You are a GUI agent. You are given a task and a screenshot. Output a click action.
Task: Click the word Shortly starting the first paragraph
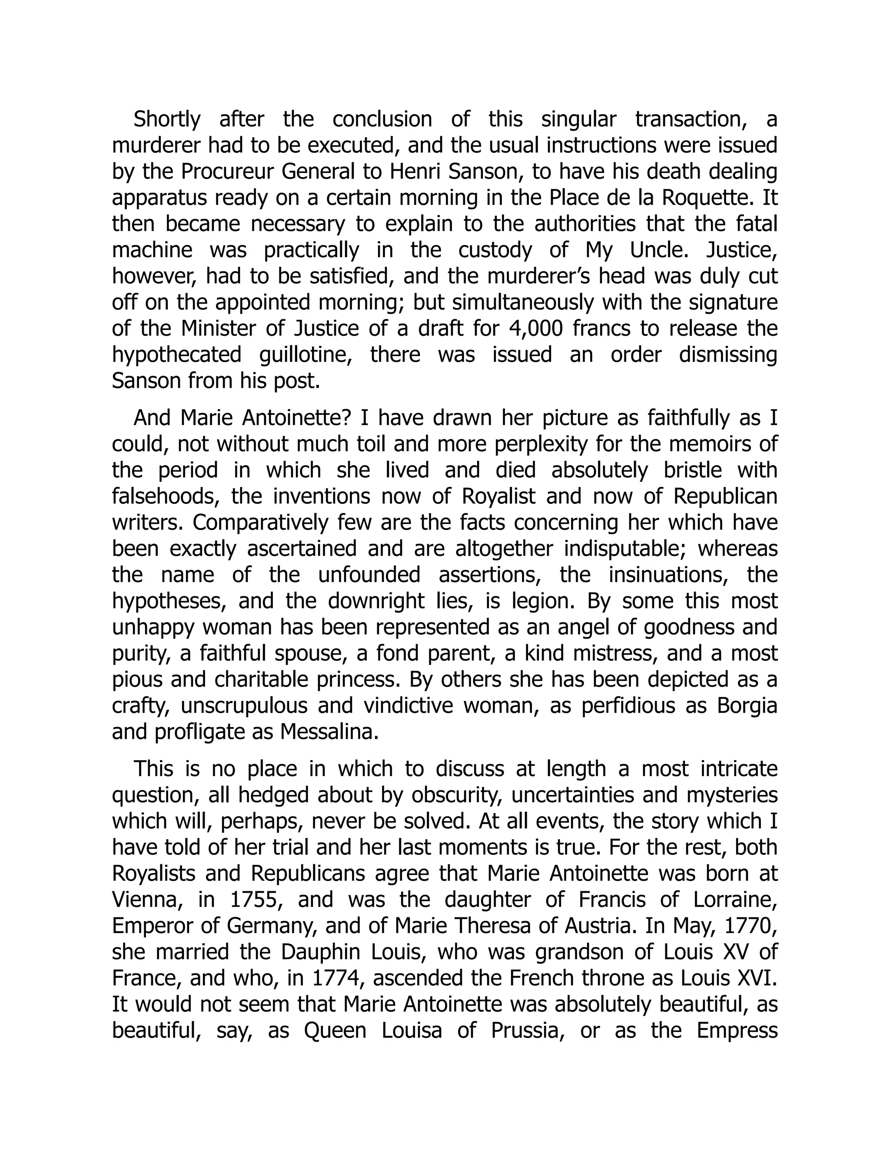(166, 119)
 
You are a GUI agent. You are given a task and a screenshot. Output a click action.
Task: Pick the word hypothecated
(176, 355)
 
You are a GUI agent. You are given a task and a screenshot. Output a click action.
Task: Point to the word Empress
(737, 1030)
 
